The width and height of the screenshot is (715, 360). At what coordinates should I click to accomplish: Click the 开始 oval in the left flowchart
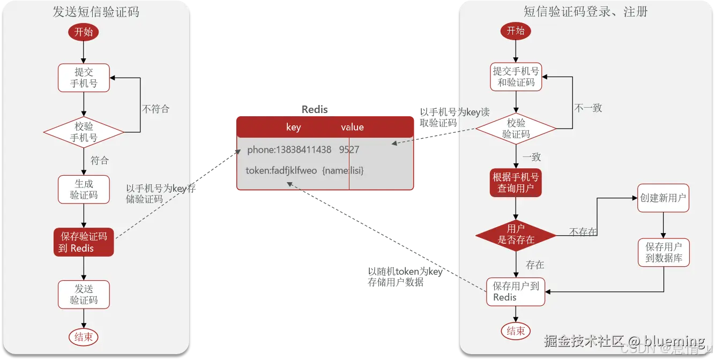coord(83,32)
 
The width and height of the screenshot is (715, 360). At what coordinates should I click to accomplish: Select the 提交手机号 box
coord(84,78)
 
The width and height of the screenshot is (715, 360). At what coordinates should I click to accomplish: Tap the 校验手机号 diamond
coord(84,132)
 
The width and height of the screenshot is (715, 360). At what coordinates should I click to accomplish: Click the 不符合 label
coord(155,109)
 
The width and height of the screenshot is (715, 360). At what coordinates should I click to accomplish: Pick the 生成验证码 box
coord(84,189)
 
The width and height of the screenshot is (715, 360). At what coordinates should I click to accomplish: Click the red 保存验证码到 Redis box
coord(84,242)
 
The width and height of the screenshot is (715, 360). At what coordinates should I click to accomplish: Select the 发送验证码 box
coord(84,294)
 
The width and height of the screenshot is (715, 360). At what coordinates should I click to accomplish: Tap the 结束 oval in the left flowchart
coord(83,337)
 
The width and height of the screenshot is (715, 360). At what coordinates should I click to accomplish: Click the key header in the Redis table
coord(293,127)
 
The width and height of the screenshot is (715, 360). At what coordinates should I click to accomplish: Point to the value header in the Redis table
coord(352,127)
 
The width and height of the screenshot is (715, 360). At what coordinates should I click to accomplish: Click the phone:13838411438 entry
coord(289,149)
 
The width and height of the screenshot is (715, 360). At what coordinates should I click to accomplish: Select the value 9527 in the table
coord(349,149)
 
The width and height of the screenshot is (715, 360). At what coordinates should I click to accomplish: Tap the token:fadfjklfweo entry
coord(281,170)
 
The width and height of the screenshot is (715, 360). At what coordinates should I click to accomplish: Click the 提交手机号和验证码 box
coord(516,77)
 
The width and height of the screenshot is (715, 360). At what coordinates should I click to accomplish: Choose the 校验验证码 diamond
coord(516,129)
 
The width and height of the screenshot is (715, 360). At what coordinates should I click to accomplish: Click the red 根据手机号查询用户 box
coord(516,183)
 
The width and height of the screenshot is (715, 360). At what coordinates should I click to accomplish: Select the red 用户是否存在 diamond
coord(516,234)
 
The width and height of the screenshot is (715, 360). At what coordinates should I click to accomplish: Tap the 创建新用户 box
coord(663,198)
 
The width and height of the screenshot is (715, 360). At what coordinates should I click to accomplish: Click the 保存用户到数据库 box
coord(664,252)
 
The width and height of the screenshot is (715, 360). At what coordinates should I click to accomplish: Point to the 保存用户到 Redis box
coord(516,291)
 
